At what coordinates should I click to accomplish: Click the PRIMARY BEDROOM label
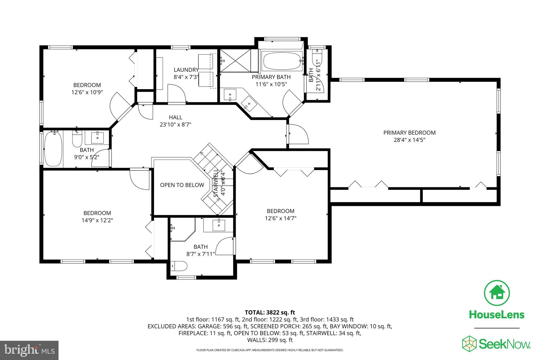tap(409, 133)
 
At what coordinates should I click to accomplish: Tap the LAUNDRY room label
tap(186, 70)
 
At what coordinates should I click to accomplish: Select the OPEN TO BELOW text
tap(182, 185)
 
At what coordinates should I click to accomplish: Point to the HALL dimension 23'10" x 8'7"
tap(175, 124)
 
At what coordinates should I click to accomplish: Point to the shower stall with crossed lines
tap(235, 60)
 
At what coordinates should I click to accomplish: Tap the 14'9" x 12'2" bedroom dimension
tap(97, 220)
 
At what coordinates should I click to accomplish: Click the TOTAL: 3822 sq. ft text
tap(270, 313)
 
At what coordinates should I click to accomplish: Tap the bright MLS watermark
tap(29, 350)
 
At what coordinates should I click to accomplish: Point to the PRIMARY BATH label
tap(271, 77)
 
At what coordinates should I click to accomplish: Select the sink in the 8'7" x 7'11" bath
tap(219, 225)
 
